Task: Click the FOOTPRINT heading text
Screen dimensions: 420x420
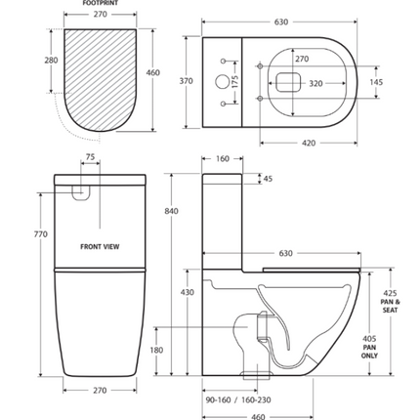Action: tap(100, 4)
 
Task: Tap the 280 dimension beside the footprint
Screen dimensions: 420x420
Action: tap(52, 61)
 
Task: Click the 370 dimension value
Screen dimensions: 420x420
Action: tap(186, 81)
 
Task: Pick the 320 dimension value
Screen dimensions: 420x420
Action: tap(315, 84)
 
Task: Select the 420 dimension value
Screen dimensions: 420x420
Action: tap(308, 143)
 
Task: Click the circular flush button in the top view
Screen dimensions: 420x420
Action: tap(222, 82)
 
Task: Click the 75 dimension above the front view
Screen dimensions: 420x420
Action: tap(90, 156)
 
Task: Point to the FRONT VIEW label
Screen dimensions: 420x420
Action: tap(100, 247)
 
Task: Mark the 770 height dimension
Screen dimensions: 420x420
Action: tap(40, 234)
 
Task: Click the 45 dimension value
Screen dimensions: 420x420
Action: tap(268, 179)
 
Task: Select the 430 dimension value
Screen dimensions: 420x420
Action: tap(188, 292)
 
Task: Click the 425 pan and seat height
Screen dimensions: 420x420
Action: tap(391, 293)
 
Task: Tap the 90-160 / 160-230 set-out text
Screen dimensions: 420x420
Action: tap(238, 399)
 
